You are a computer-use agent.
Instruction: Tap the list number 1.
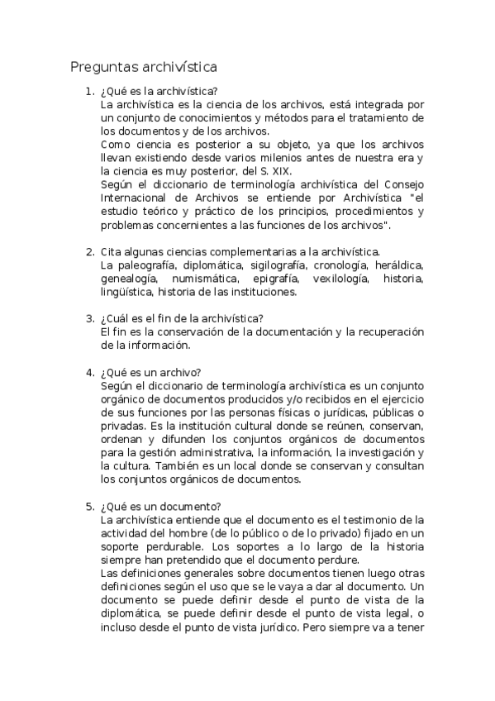89,92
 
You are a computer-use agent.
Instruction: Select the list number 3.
89,318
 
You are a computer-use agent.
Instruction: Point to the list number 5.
89,506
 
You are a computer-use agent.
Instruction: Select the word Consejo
402,184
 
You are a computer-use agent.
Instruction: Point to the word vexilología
336,279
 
